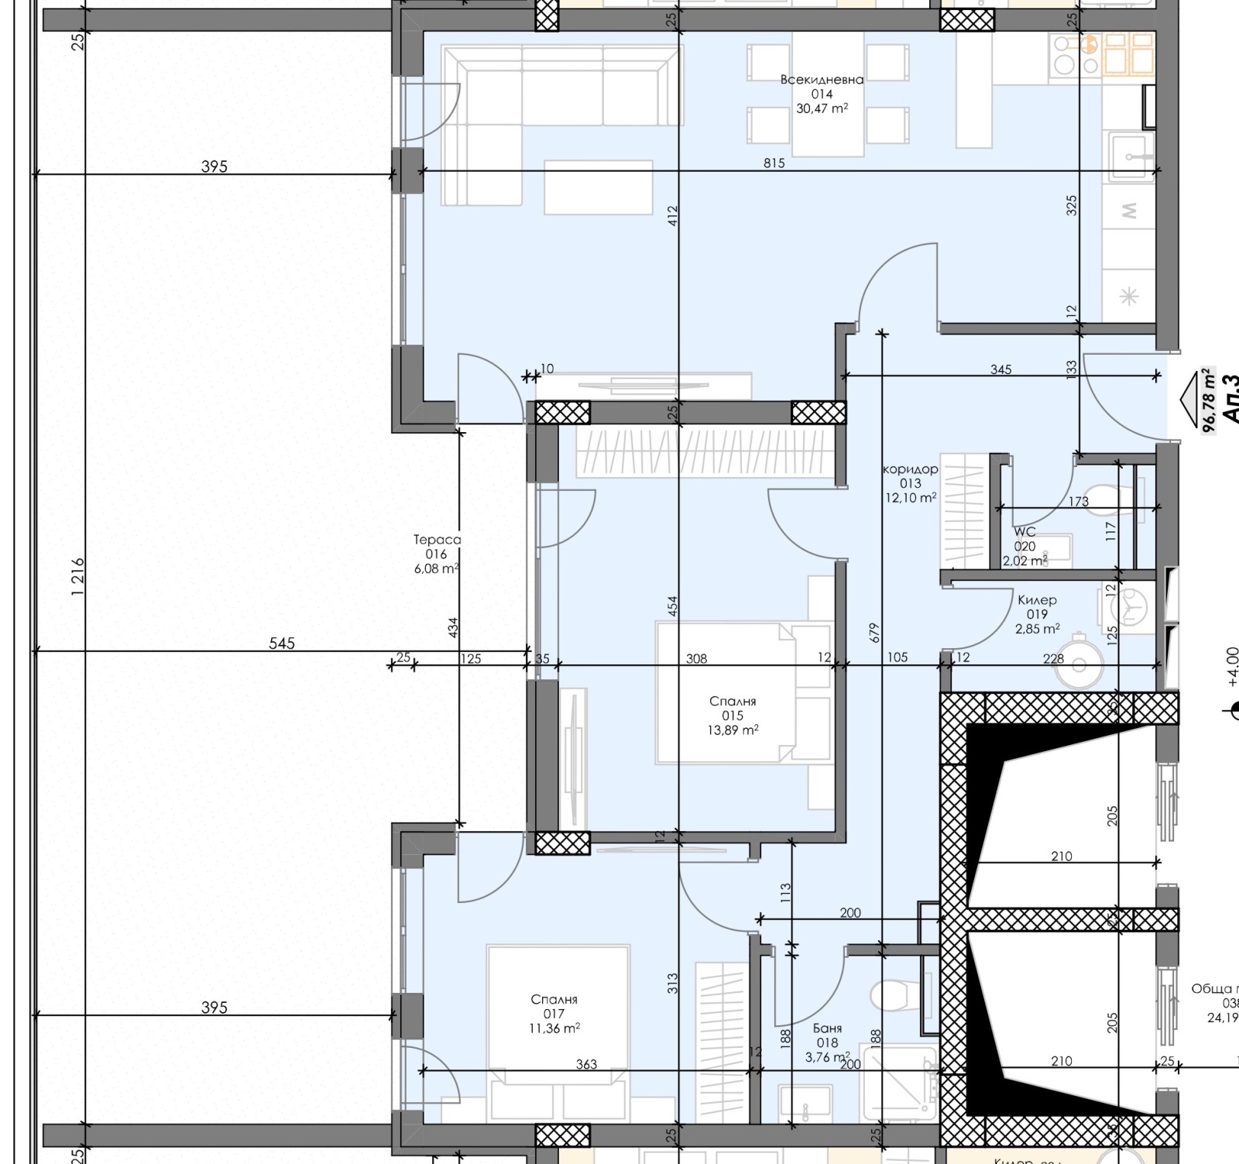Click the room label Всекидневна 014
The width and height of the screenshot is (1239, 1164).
click(x=822, y=86)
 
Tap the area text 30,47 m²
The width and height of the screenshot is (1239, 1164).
click(x=822, y=109)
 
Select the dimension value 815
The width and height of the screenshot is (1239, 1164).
click(x=774, y=163)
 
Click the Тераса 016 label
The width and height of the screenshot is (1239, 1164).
click(x=437, y=547)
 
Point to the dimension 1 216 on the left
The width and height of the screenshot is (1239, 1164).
click(x=77, y=577)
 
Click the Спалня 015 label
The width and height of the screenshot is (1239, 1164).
click(x=733, y=708)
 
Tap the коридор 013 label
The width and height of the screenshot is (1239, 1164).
click(x=911, y=476)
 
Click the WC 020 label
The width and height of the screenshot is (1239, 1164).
click(x=1024, y=539)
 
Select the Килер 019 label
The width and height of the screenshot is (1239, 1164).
click(x=1037, y=607)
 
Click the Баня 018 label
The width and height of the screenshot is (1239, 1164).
click(x=827, y=1035)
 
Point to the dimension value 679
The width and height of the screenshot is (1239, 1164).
click(x=874, y=633)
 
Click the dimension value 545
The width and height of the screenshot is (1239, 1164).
click(x=282, y=643)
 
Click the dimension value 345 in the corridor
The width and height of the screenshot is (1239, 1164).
click(x=1000, y=369)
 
